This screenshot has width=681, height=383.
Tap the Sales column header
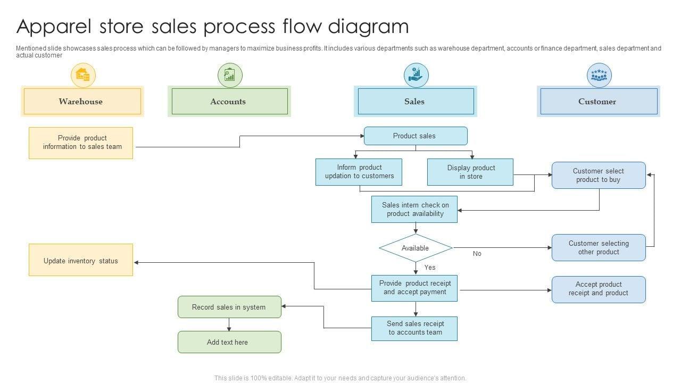pyautogui.click(x=416, y=101)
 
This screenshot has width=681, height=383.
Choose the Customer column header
pyautogui.click(x=599, y=101)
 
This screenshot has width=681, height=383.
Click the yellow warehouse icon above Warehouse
pyautogui.click(x=83, y=75)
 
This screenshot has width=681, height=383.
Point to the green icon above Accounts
pyautogui.click(x=230, y=75)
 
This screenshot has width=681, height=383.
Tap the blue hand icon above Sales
pyautogui.click(x=416, y=75)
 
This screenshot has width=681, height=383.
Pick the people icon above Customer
pyautogui.click(x=599, y=75)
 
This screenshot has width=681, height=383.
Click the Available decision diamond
pyautogui.click(x=416, y=248)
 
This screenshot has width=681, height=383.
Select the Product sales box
pyautogui.click(x=416, y=136)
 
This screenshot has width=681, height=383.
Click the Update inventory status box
pyautogui.click(x=81, y=260)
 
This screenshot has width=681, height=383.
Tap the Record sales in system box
pyautogui.click(x=229, y=307)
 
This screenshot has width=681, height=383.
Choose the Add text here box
pyautogui.click(x=229, y=342)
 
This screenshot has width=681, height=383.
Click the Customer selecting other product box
pyautogui.click(x=599, y=247)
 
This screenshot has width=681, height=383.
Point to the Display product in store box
pyautogui.click(x=470, y=172)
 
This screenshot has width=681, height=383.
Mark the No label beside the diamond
pyautogui.click(x=477, y=254)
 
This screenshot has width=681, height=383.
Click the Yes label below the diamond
pyautogui.click(x=430, y=268)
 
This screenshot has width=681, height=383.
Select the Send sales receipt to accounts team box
pyautogui.click(x=414, y=328)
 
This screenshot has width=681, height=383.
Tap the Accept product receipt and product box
pyautogui.click(x=599, y=289)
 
